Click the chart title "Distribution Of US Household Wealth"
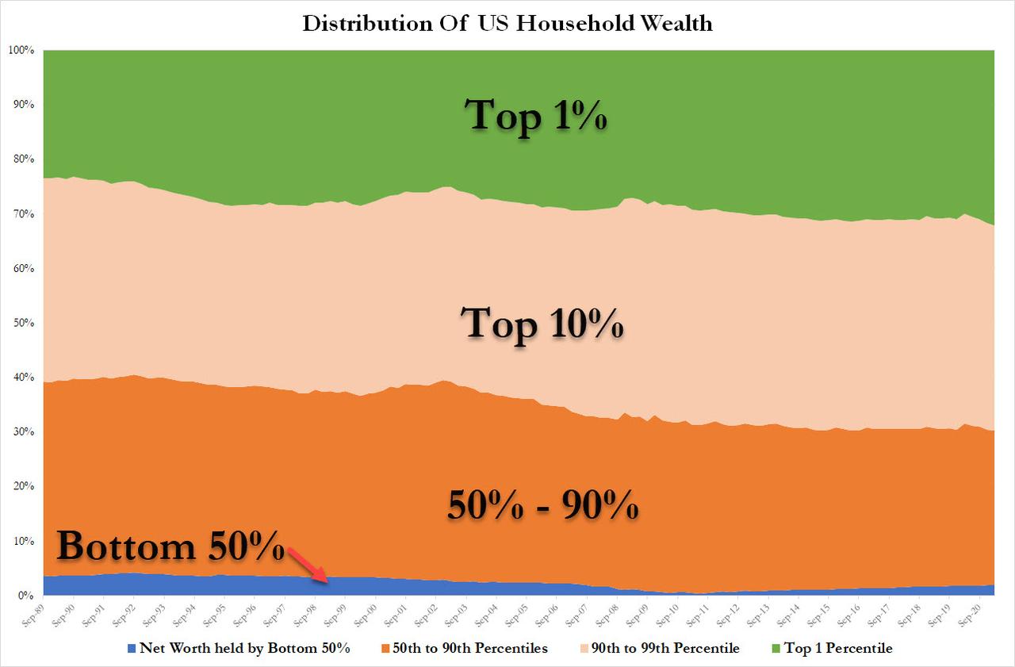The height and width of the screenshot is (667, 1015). pyautogui.click(x=507, y=23)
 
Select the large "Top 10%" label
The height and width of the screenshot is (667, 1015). pyautogui.click(x=542, y=324)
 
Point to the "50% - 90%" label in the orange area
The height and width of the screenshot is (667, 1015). pyautogui.click(x=542, y=504)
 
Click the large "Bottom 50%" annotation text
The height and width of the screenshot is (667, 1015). pyautogui.click(x=170, y=547)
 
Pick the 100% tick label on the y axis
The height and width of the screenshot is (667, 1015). pyautogui.click(x=21, y=51)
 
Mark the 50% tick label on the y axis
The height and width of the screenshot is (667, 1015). pyautogui.click(x=23, y=323)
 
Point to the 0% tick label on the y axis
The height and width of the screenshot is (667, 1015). pyautogui.click(x=25, y=595)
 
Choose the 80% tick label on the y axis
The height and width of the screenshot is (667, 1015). pyautogui.click(x=23, y=159)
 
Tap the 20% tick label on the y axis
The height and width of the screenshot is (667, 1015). pyautogui.click(x=23, y=486)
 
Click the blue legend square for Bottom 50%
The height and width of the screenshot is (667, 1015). pyautogui.click(x=132, y=649)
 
